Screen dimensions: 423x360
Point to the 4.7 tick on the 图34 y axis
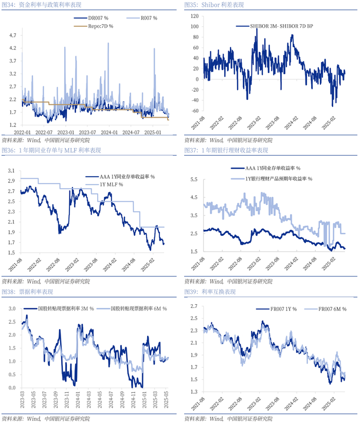point(12,35)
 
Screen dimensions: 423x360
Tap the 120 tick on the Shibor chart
point(194,16)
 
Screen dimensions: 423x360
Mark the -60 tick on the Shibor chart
point(194,111)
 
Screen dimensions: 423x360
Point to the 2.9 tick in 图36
point(11,181)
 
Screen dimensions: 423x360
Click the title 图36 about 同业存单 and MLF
point(51,151)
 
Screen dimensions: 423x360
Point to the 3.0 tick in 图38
point(12,309)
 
